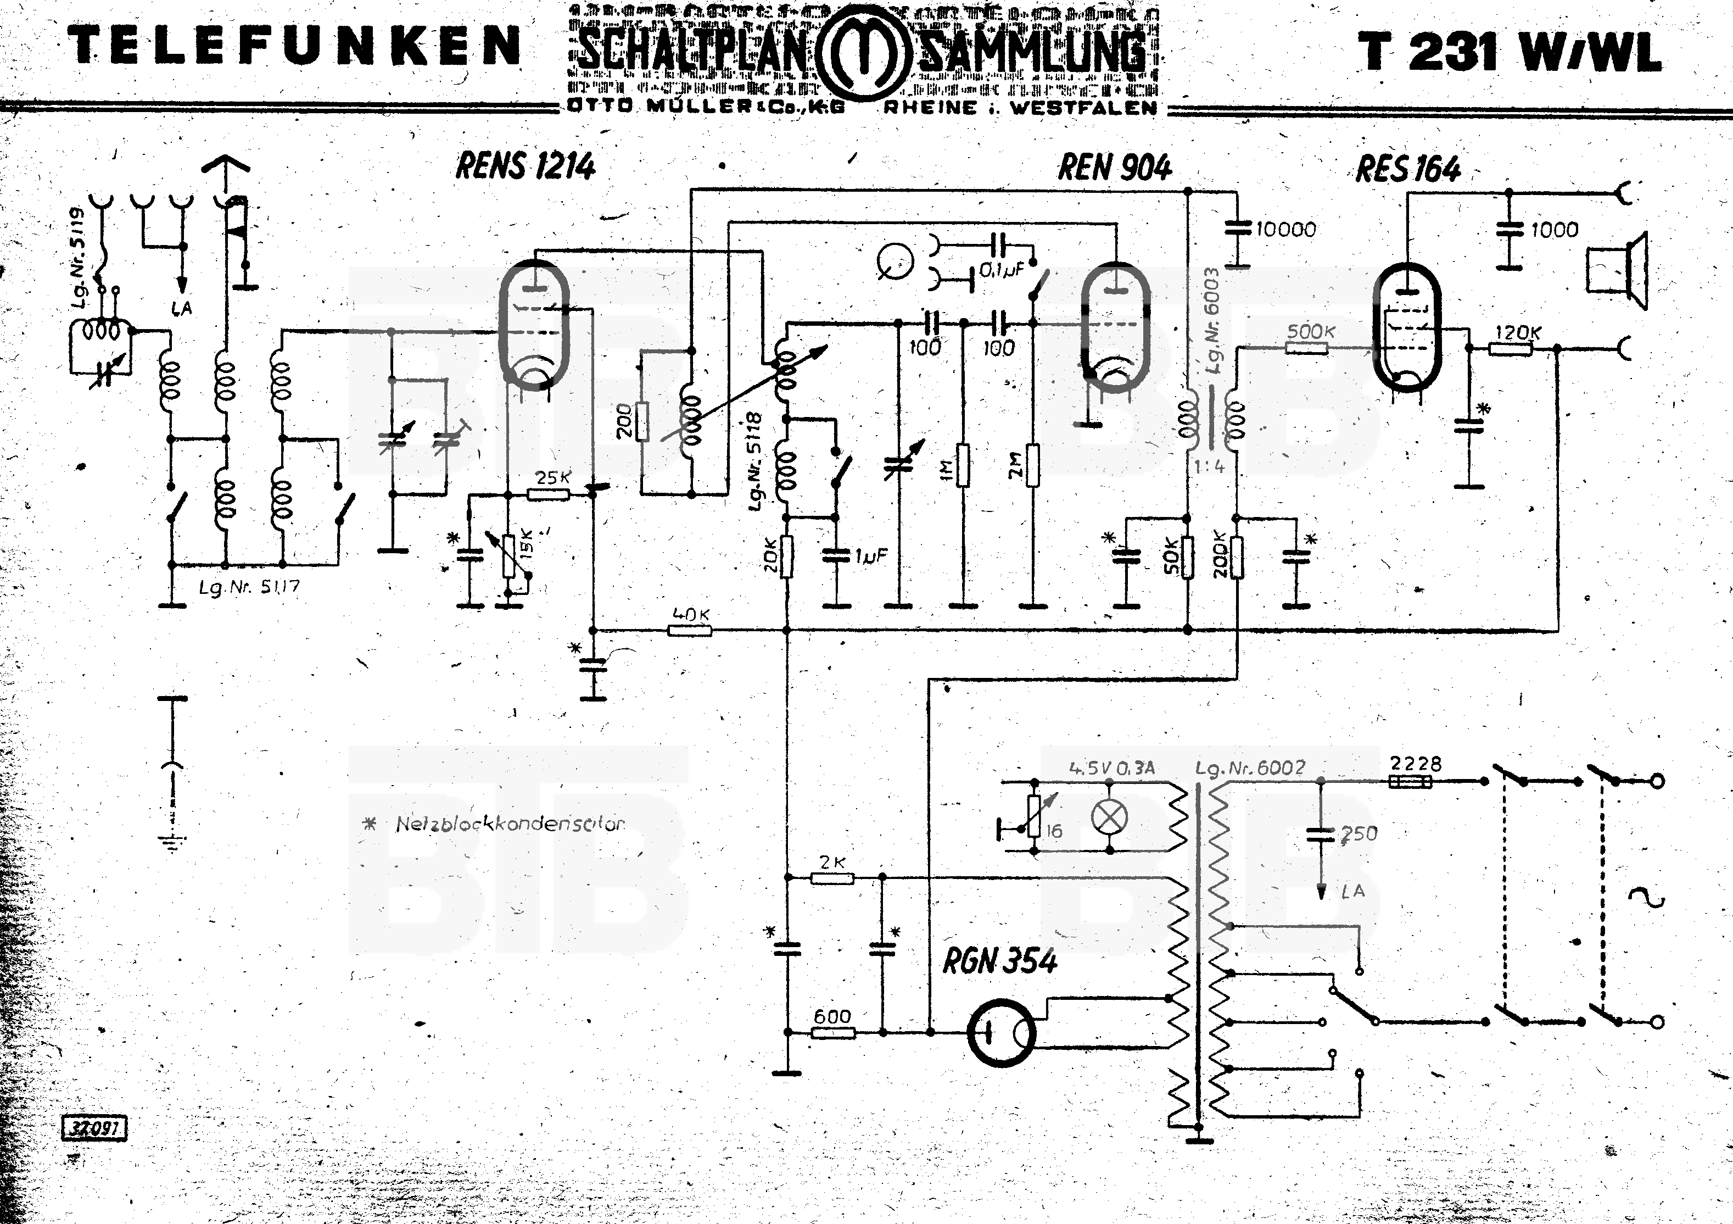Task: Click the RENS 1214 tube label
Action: (x=526, y=165)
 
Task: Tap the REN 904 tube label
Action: (x=1114, y=167)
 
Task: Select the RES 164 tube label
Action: (x=1408, y=169)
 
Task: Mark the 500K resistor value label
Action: (x=1310, y=331)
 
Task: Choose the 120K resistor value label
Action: (x=1518, y=332)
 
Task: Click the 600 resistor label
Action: (x=832, y=1016)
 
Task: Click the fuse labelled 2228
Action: (x=1410, y=782)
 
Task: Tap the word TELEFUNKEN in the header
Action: (x=294, y=45)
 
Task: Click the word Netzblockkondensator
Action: (x=510, y=824)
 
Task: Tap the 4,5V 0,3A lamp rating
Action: (x=1112, y=769)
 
